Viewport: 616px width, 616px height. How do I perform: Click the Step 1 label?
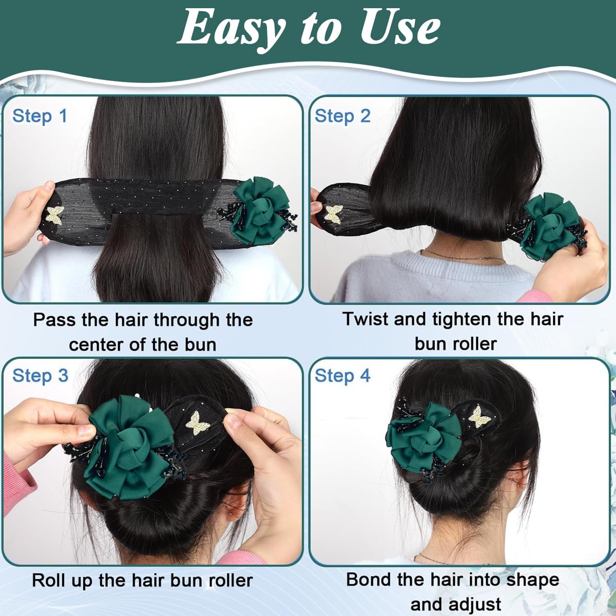pyautogui.click(x=40, y=115)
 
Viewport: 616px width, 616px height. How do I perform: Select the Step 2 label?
pyautogui.click(x=342, y=115)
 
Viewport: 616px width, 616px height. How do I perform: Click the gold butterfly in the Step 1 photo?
pyautogui.click(x=55, y=215)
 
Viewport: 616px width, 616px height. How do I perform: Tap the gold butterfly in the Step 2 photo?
pyautogui.click(x=334, y=215)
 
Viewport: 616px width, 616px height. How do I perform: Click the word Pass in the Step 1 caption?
pyautogui.click(x=54, y=320)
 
